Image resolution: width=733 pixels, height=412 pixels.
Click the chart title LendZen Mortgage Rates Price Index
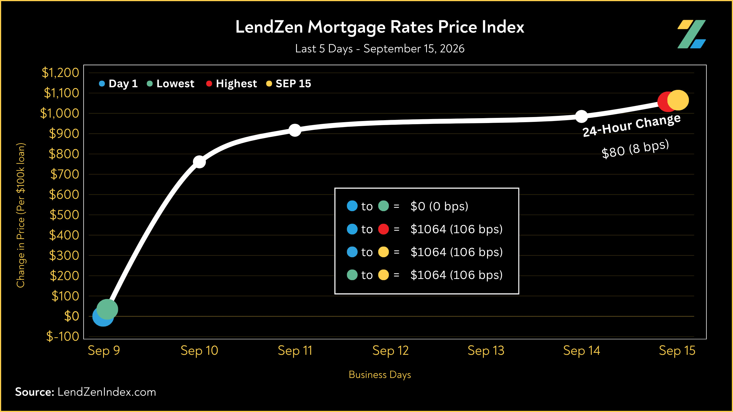(x=380, y=27)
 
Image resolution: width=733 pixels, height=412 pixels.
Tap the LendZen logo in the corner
(x=691, y=34)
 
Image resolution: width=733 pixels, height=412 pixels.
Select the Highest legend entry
(x=231, y=84)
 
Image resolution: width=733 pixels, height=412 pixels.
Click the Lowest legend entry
(x=170, y=84)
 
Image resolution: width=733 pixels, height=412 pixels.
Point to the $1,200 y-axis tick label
(x=60, y=73)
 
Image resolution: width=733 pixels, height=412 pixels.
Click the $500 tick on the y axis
(x=64, y=215)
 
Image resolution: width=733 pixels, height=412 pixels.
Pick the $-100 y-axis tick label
(x=63, y=336)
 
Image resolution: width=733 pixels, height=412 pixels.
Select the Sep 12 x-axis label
(x=391, y=351)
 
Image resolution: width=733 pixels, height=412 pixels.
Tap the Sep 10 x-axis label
(x=199, y=351)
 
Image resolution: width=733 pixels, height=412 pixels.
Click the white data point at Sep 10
(x=199, y=162)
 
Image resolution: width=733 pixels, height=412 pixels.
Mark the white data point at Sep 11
(x=295, y=130)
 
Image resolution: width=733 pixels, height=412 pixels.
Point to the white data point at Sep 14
(x=582, y=116)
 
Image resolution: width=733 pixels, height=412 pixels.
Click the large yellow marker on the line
(x=678, y=100)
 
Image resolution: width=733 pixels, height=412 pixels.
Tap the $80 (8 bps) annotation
(x=635, y=149)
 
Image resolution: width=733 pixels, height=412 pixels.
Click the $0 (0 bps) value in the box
(x=439, y=206)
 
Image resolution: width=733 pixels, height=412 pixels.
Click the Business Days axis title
(x=380, y=375)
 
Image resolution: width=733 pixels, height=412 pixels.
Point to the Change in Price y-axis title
(x=21, y=215)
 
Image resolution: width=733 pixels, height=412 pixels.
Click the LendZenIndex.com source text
(x=107, y=392)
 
